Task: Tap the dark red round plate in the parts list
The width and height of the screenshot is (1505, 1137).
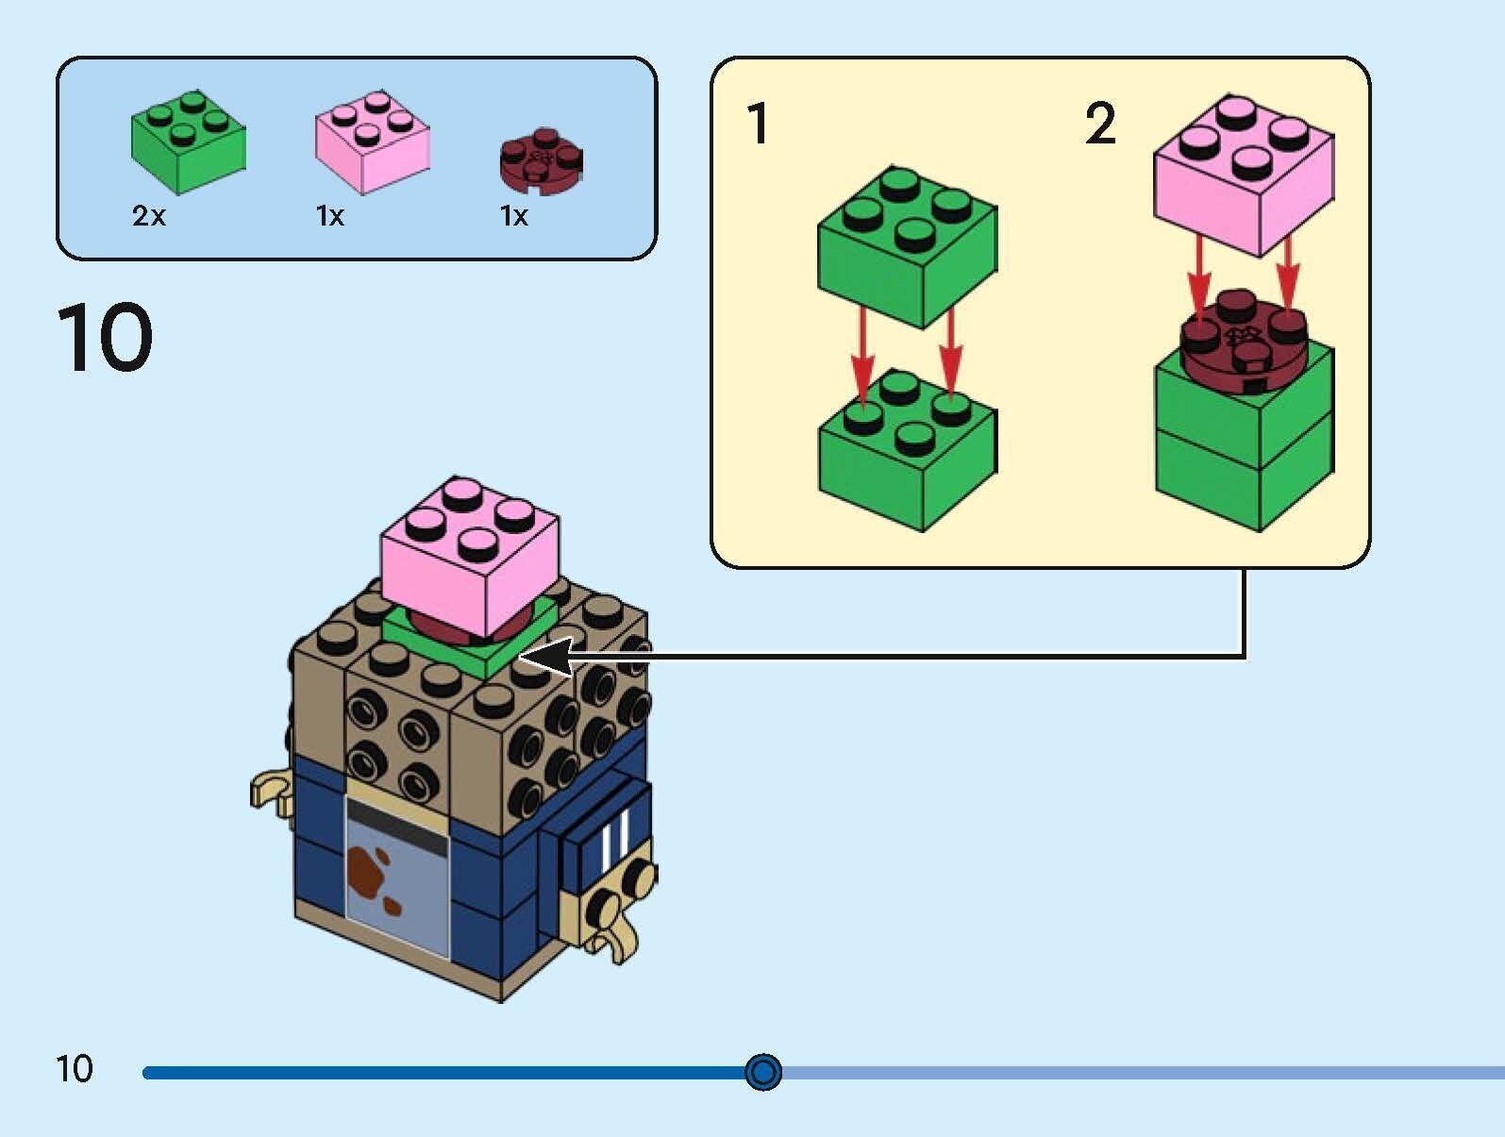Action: click(x=541, y=160)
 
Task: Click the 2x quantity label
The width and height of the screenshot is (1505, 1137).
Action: click(x=149, y=217)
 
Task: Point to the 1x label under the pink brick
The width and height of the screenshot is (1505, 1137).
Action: click(x=330, y=217)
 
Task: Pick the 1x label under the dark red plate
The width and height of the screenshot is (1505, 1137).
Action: click(x=514, y=217)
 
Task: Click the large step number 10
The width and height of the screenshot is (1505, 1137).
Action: click(x=105, y=337)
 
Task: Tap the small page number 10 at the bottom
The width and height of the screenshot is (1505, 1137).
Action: click(x=75, y=1069)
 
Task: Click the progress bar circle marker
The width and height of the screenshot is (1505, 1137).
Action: click(x=762, y=1072)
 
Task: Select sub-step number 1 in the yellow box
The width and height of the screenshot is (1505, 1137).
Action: click(x=758, y=124)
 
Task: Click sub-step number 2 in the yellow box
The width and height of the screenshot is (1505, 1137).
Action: click(x=1100, y=124)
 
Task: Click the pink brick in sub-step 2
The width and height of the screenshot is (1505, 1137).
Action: click(x=1243, y=175)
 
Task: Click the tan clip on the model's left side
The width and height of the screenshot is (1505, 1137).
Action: click(x=271, y=791)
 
